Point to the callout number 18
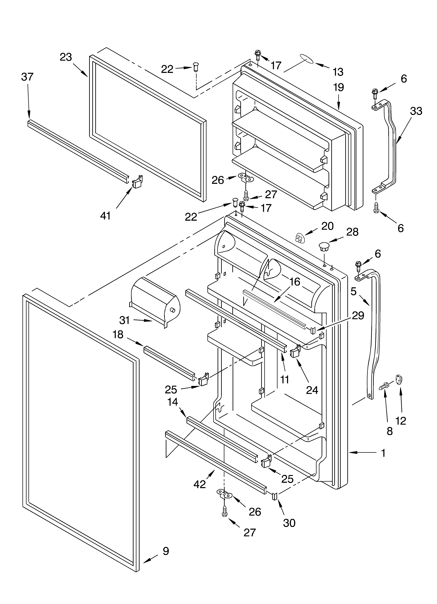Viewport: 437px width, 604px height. (118, 334)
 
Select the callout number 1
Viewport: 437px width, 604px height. (383, 453)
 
